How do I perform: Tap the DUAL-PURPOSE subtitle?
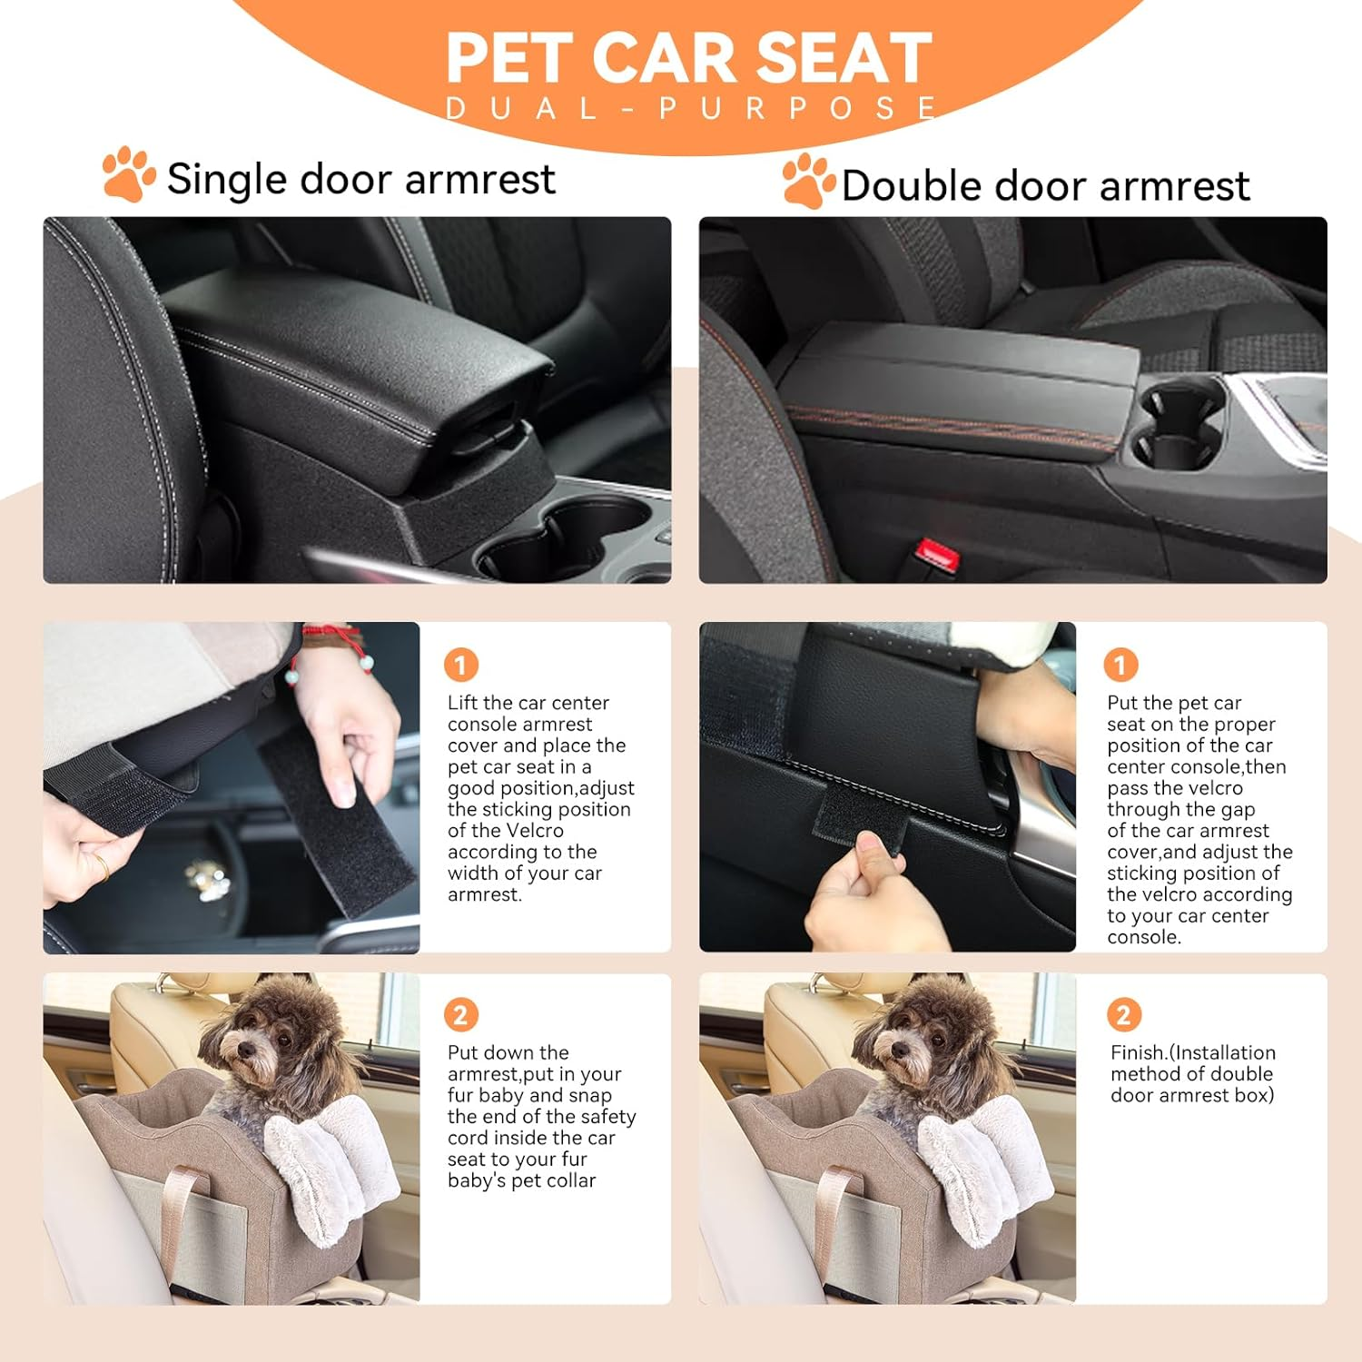[690, 109]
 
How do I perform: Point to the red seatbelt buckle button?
[933, 551]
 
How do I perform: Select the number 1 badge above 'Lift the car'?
[460, 666]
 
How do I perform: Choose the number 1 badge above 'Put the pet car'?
[1120, 666]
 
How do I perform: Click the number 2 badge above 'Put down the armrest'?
[460, 1015]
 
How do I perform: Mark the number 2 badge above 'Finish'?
[1123, 1015]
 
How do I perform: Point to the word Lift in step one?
[463, 703]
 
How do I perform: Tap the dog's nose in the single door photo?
[243, 1051]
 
